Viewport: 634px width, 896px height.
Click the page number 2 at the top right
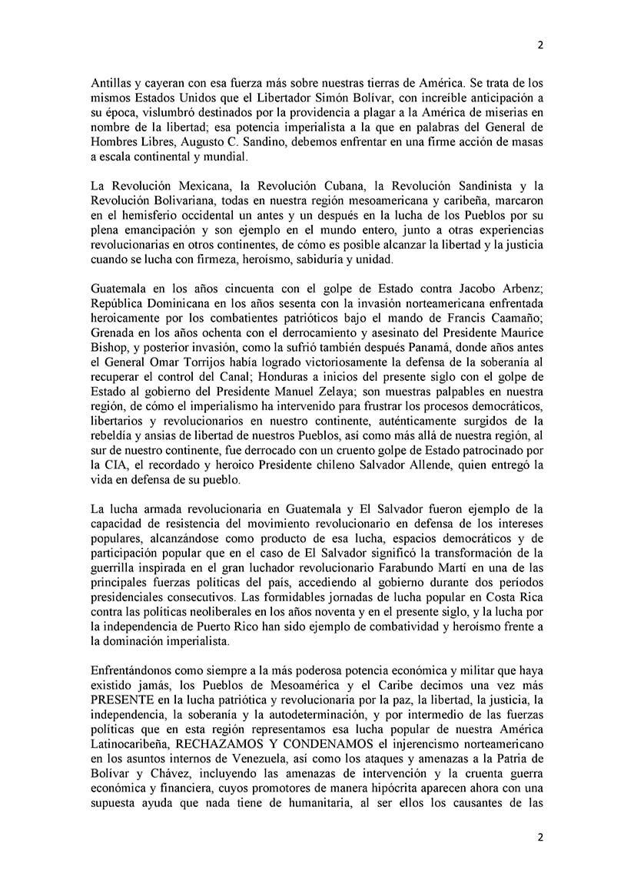pyautogui.click(x=539, y=45)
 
